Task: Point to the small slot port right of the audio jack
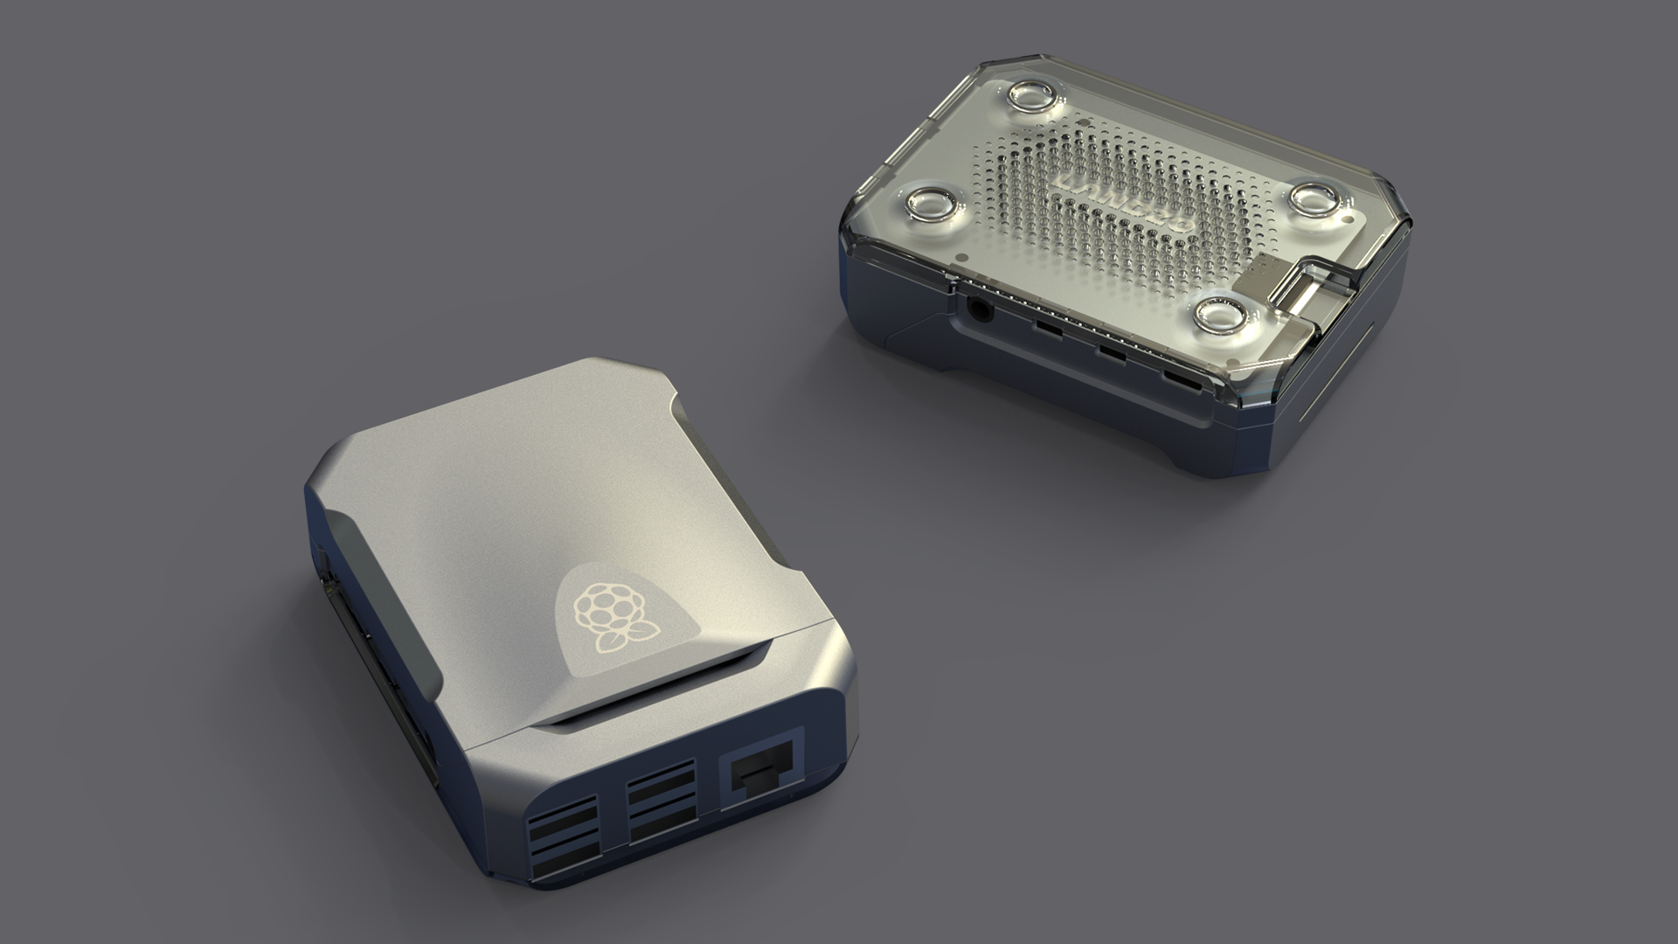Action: tap(1044, 330)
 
